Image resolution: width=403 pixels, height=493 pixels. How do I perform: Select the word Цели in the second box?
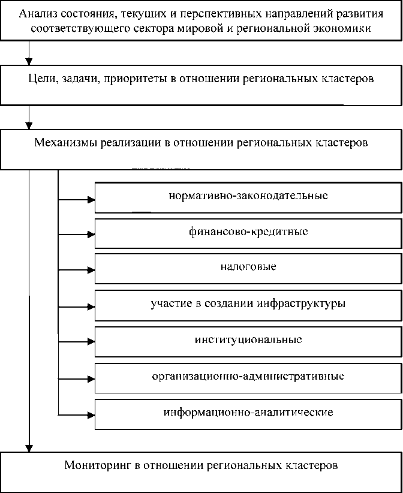40,79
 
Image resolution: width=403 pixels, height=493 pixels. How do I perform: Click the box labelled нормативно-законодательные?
248,196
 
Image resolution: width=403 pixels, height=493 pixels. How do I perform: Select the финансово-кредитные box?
248,232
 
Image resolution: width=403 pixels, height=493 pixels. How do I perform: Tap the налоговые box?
248,267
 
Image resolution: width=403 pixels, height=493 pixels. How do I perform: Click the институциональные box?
248,339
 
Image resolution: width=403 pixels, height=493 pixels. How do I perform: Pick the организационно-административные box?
248,377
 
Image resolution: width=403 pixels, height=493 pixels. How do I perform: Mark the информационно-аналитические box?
248,413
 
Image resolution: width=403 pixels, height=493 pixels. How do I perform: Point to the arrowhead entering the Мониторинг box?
28,447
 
